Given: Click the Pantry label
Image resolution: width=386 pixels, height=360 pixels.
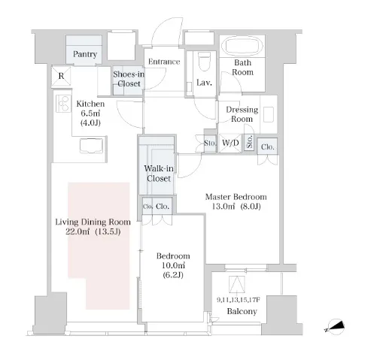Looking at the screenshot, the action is point(85,54).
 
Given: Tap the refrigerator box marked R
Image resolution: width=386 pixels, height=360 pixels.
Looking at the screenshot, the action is point(61,76).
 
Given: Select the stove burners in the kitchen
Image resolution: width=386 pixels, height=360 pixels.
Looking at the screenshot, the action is point(63,104).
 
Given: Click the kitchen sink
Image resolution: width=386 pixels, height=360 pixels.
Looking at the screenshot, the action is point(91,145).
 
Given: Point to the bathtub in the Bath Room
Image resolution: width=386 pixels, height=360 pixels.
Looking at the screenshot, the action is point(242,46).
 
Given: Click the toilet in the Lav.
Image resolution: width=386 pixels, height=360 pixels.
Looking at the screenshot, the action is point(204,62).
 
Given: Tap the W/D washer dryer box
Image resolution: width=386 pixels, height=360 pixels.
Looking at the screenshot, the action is point(230,143).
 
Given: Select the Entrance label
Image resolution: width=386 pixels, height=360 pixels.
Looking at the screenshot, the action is point(164,62).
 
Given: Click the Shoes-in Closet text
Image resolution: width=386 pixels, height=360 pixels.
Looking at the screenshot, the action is point(129,79).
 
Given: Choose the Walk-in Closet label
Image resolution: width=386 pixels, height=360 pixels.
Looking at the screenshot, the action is point(159,174).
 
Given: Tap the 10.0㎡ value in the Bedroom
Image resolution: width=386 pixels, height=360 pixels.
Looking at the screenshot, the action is point(173,265).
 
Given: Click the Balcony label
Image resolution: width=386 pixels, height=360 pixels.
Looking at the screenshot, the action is point(242,311).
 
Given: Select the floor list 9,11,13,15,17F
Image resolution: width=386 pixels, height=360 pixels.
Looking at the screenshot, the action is point(239,300).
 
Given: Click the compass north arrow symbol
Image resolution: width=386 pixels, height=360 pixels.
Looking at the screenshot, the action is point(336,327).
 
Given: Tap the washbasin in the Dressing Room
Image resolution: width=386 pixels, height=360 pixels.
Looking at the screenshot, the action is point(269,114).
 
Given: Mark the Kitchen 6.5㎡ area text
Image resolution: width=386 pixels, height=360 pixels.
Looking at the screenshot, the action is point(90,113).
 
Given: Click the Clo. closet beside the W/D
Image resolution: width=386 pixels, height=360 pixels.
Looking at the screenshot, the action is point(268,147).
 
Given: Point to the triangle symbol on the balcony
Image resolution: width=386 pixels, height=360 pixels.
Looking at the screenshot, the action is point(237,284).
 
